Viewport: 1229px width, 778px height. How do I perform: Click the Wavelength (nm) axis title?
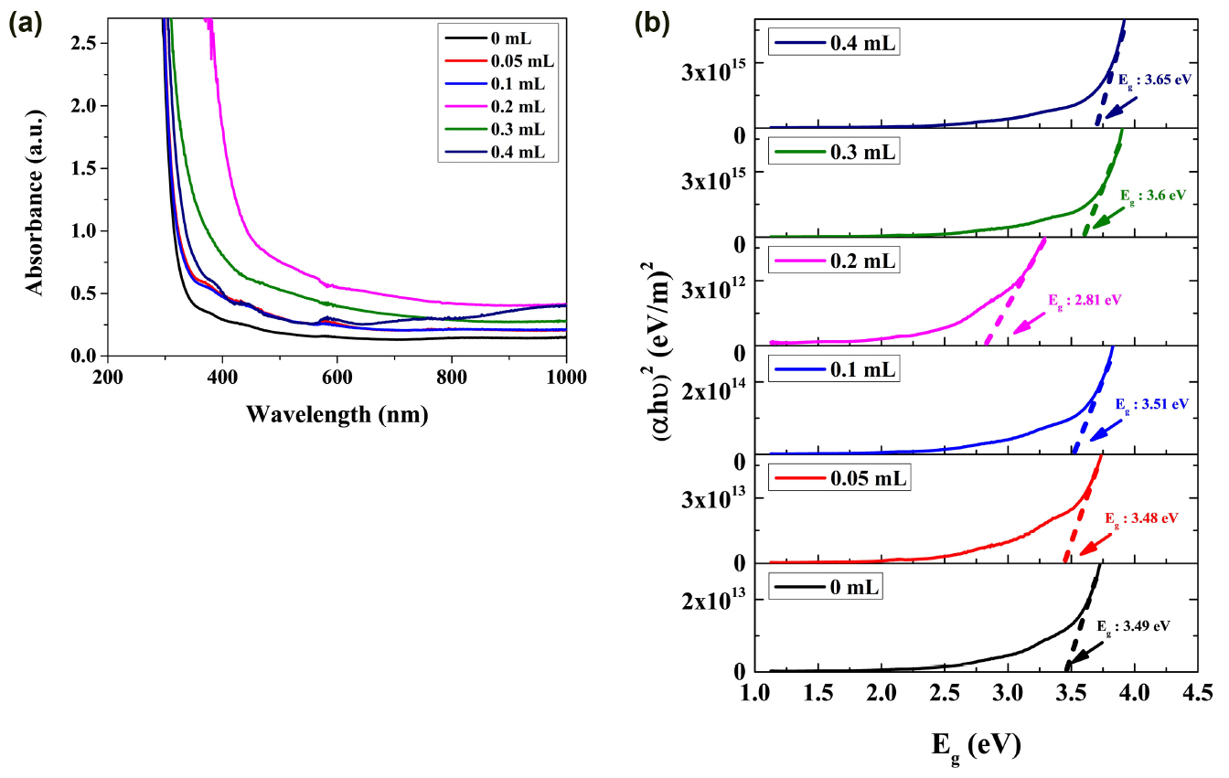click(x=337, y=413)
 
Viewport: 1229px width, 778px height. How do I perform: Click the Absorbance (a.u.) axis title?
click(x=37, y=185)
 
